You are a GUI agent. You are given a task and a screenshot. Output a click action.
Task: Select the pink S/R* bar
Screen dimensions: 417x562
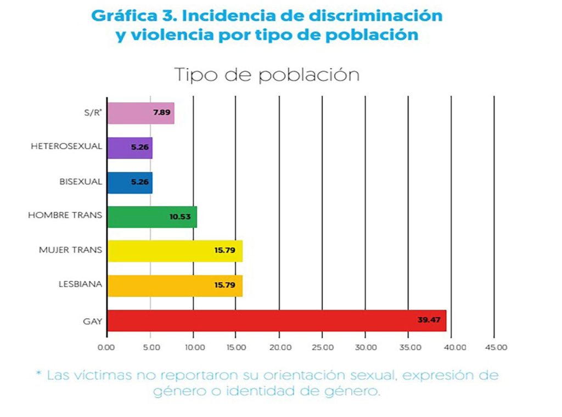click(140, 113)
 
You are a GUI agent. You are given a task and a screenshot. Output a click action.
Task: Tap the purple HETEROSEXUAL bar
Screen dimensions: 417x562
click(130, 148)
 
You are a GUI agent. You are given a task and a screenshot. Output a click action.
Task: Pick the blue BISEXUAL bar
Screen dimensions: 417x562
click(130, 182)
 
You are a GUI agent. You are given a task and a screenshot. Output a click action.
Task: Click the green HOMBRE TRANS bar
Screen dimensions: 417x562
click(151, 217)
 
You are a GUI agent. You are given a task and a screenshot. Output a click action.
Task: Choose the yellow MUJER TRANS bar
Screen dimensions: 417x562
click(175, 251)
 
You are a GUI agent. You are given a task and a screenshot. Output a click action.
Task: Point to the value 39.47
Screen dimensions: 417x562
click(429, 320)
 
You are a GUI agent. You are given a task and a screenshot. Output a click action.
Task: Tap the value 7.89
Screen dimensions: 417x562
click(161, 113)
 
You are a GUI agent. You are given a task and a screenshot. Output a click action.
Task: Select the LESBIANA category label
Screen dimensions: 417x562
click(80, 284)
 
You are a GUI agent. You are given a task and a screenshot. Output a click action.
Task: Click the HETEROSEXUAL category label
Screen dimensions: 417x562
click(66, 146)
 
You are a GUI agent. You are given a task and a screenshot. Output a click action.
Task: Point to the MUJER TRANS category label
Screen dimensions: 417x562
click(70, 250)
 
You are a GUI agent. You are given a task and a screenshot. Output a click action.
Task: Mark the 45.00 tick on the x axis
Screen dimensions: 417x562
click(496, 347)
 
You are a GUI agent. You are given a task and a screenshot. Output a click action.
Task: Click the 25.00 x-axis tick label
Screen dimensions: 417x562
click(323, 347)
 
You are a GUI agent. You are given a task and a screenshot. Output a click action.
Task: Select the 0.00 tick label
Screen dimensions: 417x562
click(106, 347)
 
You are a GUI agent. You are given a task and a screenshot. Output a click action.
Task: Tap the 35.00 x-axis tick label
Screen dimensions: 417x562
click(409, 347)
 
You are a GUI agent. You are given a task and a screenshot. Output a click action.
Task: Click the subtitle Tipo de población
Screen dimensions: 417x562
click(267, 75)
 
